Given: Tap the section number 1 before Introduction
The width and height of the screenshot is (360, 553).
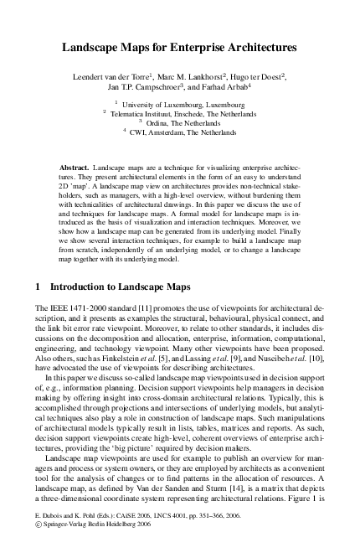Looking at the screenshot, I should (x=39, y=287).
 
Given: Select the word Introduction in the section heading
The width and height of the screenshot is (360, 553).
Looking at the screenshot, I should (x=86, y=287).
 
